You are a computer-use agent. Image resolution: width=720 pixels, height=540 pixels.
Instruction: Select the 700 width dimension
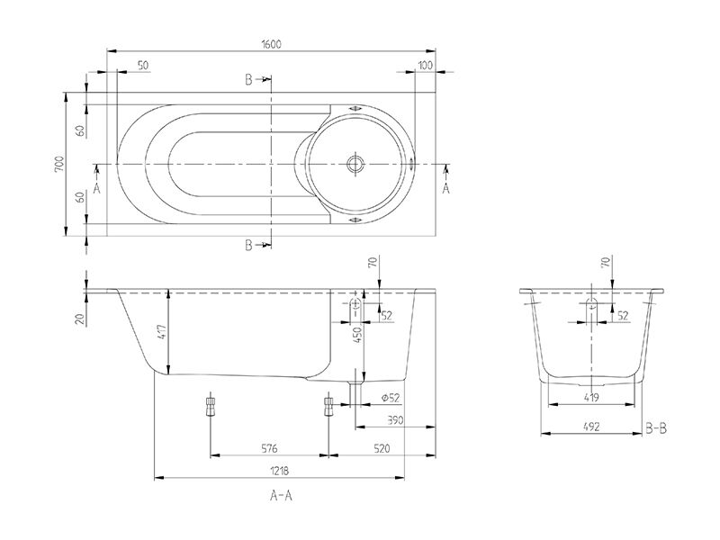pyautogui.click(x=58, y=164)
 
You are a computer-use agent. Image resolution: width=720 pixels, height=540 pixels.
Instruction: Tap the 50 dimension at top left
pyautogui.click(x=143, y=65)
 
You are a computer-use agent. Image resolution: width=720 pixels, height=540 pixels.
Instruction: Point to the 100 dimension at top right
pyautogui.click(x=426, y=65)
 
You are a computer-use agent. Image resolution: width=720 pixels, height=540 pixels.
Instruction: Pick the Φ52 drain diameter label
pyautogui.click(x=390, y=398)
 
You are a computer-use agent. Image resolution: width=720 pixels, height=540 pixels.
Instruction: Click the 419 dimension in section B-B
pyautogui.click(x=591, y=396)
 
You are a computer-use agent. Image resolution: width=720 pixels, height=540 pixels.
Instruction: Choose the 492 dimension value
pyautogui.click(x=591, y=427)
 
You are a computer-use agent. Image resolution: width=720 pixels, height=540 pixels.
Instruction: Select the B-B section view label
pyautogui.click(x=656, y=429)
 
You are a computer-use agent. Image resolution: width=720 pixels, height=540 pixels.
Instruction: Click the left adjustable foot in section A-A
pyautogui.click(x=210, y=406)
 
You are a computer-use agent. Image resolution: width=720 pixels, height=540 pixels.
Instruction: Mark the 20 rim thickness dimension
pyautogui.click(x=79, y=318)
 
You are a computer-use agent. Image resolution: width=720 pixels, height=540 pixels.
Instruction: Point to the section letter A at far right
pyautogui.click(x=445, y=187)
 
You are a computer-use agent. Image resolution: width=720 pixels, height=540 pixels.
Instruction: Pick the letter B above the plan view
pyautogui.click(x=249, y=80)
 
